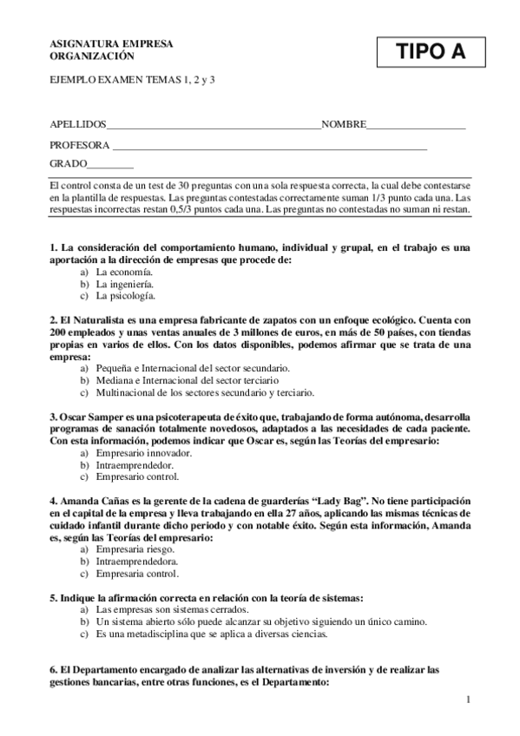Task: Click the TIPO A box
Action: point(430,52)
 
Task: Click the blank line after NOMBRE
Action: point(416,128)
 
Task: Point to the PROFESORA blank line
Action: point(270,148)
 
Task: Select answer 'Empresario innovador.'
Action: point(138,453)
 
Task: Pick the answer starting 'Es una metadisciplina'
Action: point(212,634)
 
